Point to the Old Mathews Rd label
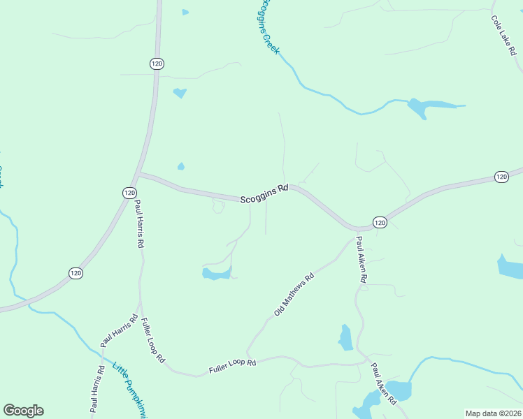pos(294,294)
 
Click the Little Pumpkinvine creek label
pos(130,391)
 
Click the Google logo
pos(23,411)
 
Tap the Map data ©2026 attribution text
pos(493,413)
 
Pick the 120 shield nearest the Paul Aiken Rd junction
pos(379,222)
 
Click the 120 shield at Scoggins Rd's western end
pos(129,192)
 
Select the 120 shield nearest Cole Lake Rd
pos(501,177)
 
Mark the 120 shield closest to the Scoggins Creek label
pos(157,64)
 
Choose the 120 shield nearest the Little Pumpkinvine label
pos(76,273)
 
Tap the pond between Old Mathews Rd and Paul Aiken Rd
pos(345,338)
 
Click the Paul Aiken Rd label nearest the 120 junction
pos(361,259)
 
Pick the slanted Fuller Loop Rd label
pos(152,340)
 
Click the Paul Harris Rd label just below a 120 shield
pos(139,225)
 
